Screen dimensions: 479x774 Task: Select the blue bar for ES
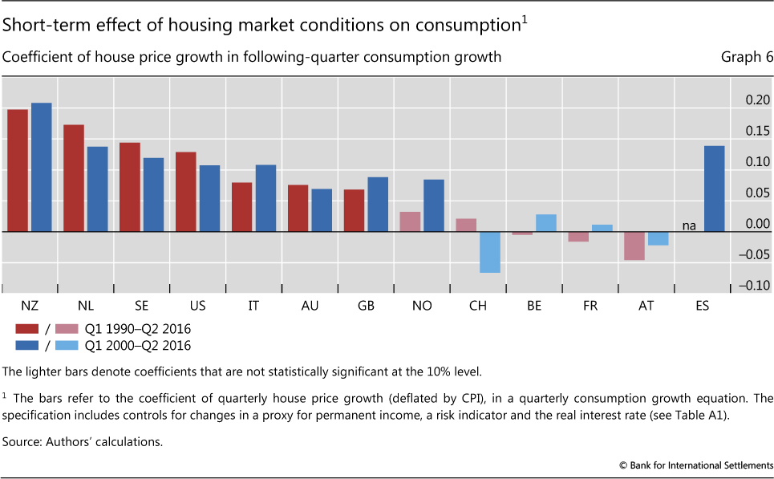pos(714,189)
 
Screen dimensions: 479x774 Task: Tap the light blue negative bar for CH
pos(490,252)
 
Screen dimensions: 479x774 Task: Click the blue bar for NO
pos(434,205)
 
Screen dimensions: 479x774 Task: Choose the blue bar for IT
pos(265,198)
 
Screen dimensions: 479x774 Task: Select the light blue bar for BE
pos(546,223)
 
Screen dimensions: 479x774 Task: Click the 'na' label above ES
pos(689,226)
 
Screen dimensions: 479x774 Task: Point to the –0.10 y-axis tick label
pos(754,286)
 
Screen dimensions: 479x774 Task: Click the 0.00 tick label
pos(757,225)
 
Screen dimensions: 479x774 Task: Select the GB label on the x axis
pos(366,306)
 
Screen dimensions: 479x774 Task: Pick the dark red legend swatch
pos(27,328)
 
